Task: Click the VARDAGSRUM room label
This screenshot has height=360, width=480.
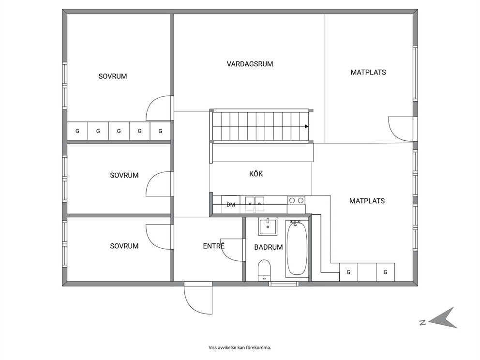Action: point(250,64)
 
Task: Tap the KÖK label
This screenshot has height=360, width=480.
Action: point(256,174)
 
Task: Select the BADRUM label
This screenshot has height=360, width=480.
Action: point(269,247)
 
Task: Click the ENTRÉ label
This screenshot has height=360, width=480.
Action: point(214,246)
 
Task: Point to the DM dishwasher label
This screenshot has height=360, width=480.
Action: point(231,205)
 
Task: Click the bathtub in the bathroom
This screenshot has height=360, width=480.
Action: point(296,249)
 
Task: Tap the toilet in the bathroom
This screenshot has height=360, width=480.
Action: point(264,270)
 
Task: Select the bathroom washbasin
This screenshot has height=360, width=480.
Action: point(268,227)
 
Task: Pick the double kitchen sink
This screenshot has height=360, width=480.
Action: point(255,204)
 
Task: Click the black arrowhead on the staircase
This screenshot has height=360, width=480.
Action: point(306,126)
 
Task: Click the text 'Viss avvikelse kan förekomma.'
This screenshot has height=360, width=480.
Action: point(240,347)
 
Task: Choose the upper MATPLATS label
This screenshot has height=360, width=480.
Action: point(368,73)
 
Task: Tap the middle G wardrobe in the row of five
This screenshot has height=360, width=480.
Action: point(119,131)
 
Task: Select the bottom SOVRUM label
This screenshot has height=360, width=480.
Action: point(124,246)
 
